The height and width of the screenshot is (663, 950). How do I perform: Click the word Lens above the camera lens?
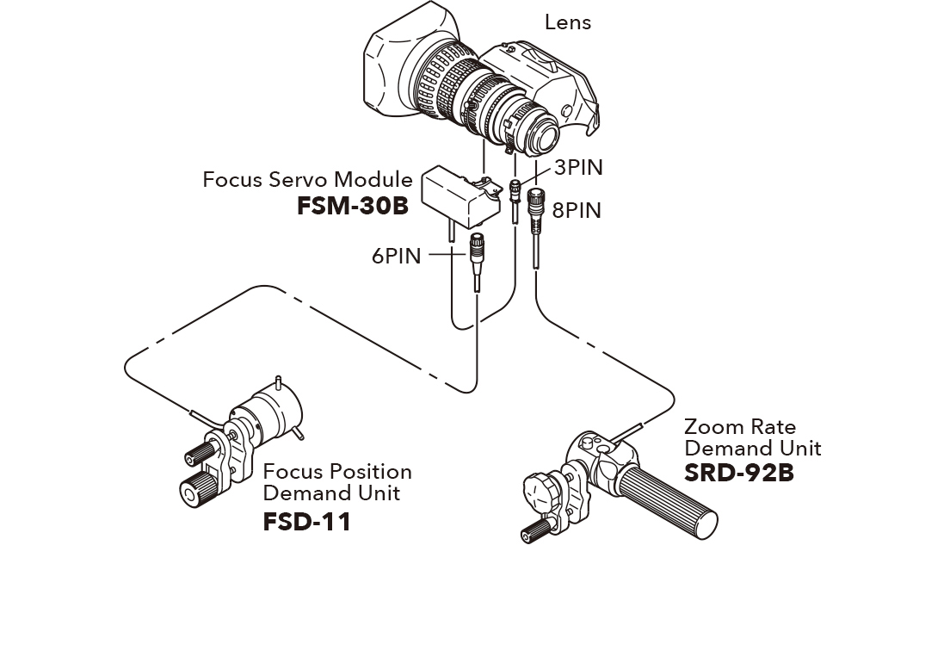point(567,22)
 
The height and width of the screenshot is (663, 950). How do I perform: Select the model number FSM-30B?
point(353,207)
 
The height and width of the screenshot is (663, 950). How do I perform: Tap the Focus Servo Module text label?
point(307,180)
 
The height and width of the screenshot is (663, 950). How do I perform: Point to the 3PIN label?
point(577,167)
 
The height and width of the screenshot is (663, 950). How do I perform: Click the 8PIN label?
point(577,210)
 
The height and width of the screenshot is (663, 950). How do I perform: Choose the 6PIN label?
point(396,256)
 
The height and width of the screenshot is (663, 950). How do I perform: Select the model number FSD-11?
point(306,522)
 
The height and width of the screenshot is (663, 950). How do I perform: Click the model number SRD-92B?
point(738,473)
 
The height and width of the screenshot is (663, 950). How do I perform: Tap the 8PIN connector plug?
point(535,205)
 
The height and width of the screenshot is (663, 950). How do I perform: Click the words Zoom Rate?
point(739,427)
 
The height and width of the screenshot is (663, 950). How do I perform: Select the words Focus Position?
point(336,472)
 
